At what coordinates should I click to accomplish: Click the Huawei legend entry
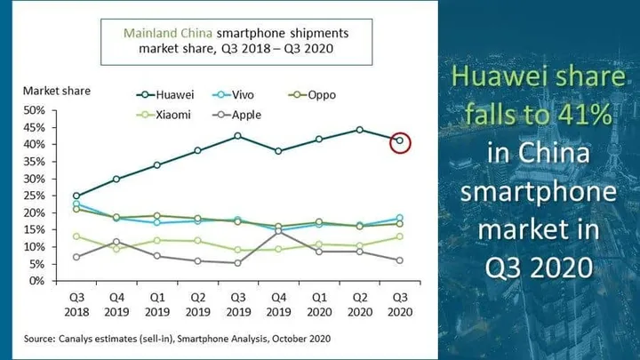click(x=165, y=95)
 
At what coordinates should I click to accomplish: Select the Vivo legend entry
click(x=233, y=95)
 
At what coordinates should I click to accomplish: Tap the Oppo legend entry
click(x=312, y=95)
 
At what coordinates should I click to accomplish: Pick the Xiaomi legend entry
click(x=164, y=115)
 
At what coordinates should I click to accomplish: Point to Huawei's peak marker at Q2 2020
click(x=359, y=130)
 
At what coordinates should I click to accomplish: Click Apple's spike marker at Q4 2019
click(x=278, y=231)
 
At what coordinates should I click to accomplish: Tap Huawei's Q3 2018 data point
click(x=76, y=196)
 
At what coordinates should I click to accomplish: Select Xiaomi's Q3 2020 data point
click(x=400, y=236)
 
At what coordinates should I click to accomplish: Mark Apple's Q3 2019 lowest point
click(x=238, y=263)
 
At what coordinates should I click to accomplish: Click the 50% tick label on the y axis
click(x=35, y=110)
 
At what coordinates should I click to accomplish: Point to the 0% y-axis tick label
click(x=36, y=281)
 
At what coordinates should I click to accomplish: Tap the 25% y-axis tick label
click(x=35, y=196)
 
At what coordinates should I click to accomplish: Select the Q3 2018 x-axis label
click(x=76, y=305)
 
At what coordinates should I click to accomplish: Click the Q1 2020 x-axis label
click(x=319, y=305)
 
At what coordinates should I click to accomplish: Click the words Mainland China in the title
click(x=168, y=33)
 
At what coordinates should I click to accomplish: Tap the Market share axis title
click(x=57, y=91)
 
